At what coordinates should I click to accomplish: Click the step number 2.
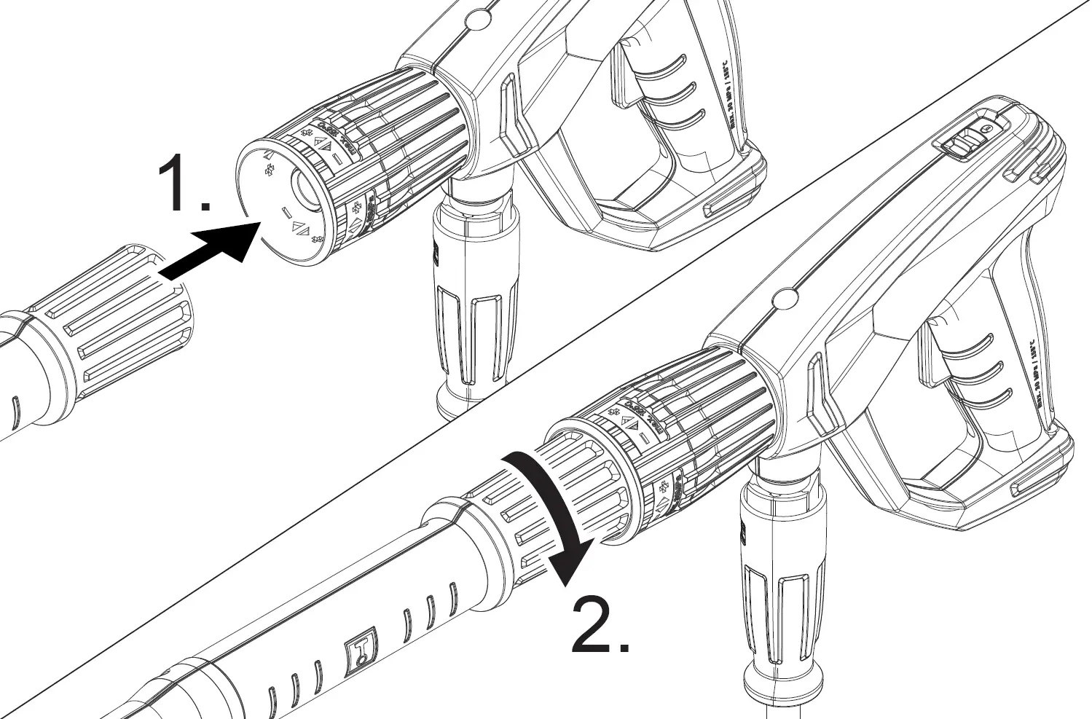pyautogui.click(x=599, y=624)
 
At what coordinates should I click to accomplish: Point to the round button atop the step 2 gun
pyautogui.click(x=785, y=297)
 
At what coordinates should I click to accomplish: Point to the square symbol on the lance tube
pyautogui.click(x=362, y=649)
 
